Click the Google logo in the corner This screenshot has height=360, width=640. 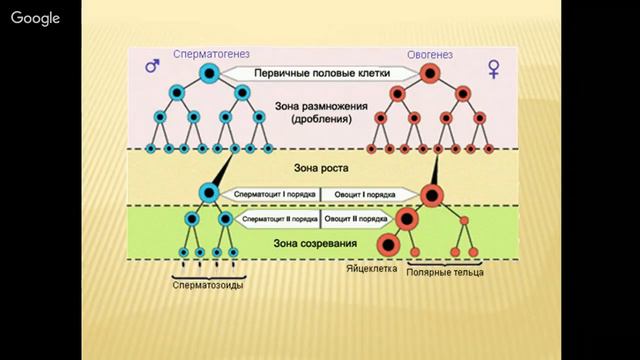(36, 19)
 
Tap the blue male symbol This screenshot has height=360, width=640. (153, 67)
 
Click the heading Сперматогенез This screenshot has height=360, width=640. (210, 54)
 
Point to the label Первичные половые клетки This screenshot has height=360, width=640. (320, 73)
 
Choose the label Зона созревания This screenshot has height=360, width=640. (320, 243)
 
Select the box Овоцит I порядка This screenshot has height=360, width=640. (364, 193)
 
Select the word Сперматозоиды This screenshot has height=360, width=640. (207, 285)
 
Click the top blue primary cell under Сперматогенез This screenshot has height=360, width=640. (210, 73)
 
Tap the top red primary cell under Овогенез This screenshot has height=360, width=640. (431, 73)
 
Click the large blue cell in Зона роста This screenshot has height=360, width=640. (210, 190)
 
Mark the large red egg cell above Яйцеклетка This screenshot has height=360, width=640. (388, 244)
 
